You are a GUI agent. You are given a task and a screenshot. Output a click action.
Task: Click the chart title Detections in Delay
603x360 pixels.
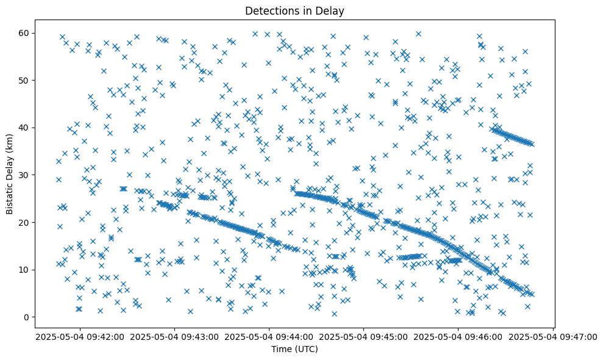[294, 10]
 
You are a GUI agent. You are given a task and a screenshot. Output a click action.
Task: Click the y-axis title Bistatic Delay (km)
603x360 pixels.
[10, 173]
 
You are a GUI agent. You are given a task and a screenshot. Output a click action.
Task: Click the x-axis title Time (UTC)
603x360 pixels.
[294, 349]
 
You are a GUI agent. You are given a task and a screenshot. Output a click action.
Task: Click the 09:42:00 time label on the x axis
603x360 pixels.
[80, 336]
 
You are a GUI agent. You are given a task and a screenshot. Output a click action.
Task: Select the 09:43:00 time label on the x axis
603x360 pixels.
[175, 336]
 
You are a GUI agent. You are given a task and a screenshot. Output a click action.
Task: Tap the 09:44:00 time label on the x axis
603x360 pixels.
[269, 336]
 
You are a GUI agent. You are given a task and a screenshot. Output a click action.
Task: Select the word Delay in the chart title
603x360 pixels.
[332, 10]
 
